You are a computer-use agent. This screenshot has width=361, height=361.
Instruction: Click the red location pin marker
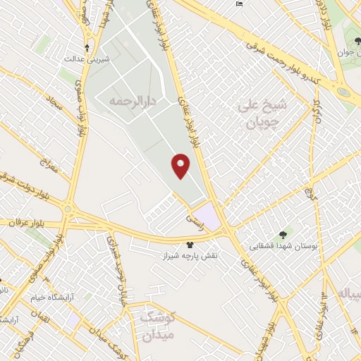tap(181, 166)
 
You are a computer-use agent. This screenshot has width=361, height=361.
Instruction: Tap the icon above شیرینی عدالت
tap(87, 48)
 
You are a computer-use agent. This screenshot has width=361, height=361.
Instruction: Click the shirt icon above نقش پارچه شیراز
tap(189, 244)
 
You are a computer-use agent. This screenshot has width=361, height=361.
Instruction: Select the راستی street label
tap(193, 221)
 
